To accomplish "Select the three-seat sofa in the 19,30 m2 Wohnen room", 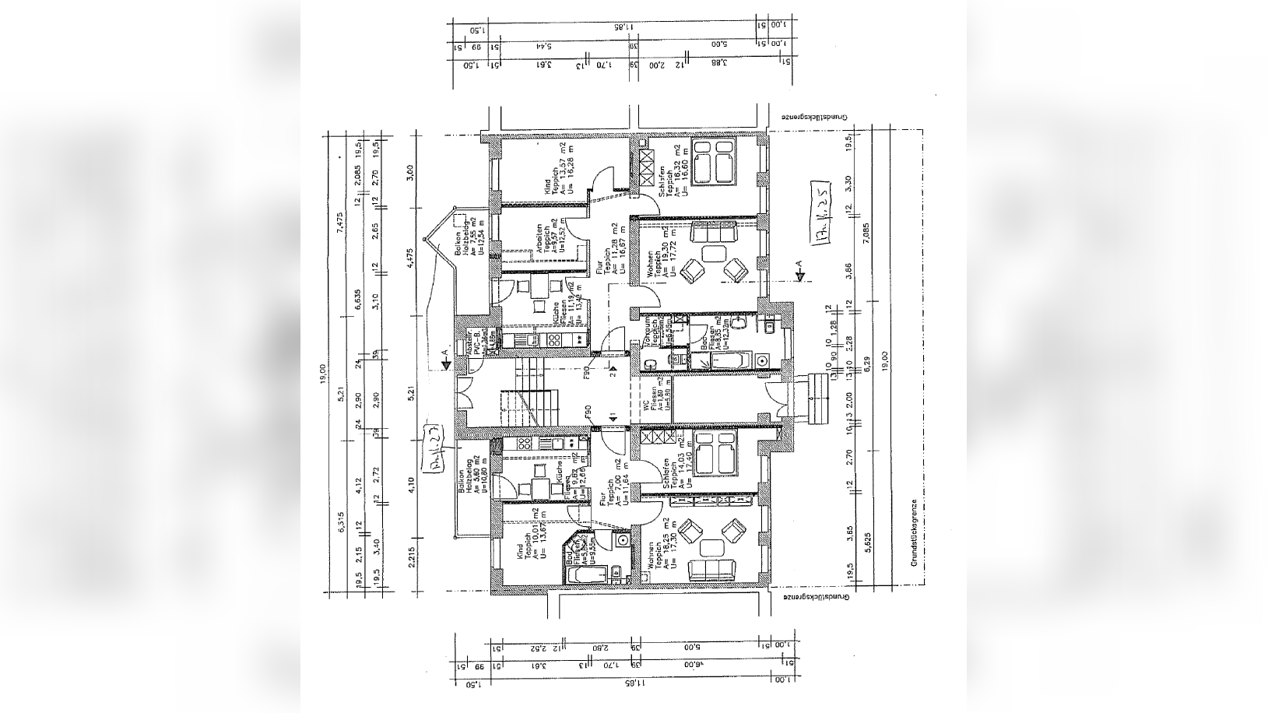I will click(712, 232).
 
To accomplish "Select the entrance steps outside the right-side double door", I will click(817, 398).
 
